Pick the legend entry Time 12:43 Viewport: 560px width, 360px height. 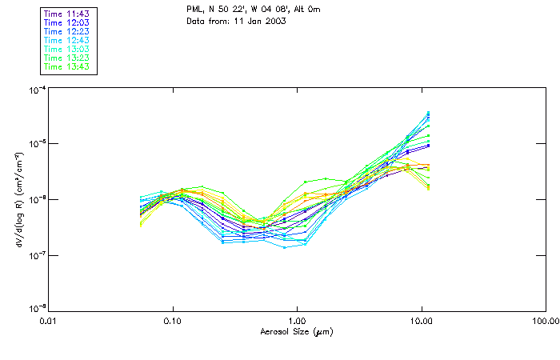point(67,41)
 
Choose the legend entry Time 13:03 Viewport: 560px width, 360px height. point(67,50)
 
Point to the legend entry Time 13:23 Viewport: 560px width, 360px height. point(67,58)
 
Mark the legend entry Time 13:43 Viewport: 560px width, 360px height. point(67,67)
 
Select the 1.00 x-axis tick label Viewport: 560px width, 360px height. point(297,322)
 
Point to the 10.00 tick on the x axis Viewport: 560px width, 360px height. point(421,322)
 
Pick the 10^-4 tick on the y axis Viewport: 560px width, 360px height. point(35,90)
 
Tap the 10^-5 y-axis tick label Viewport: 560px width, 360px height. point(35,144)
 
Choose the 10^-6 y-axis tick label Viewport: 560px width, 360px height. point(35,199)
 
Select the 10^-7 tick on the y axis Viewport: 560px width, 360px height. point(35,254)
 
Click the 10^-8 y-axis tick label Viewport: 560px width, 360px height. point(35,309)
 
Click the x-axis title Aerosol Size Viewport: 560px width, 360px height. point(297,331)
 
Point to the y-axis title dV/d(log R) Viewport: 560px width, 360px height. point(17,198)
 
